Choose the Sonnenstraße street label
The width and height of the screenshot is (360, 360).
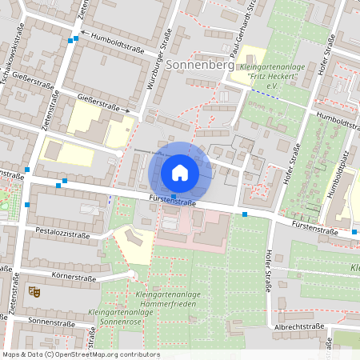(50, 320)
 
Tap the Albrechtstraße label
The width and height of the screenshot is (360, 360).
(298, 326)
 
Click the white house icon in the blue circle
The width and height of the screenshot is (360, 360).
(180, 172)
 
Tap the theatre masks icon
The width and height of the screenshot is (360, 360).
(34, 292)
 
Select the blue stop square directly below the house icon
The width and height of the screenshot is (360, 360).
(174, 195)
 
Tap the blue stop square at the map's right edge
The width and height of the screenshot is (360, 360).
(354, 232)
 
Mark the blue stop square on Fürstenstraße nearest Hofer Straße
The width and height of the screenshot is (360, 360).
(245, 214)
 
